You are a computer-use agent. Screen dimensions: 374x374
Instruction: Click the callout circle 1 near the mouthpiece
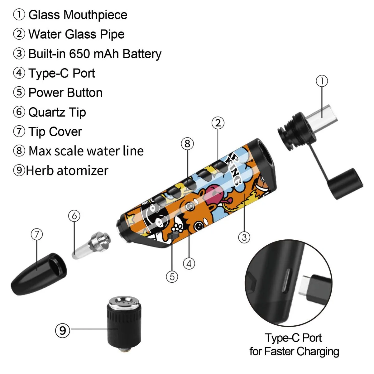pyautogui.click(x=322, y=81)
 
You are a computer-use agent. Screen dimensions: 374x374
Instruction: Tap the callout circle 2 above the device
pyautogui.click(x=218, y=123)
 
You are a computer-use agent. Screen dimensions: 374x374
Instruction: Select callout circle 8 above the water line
pyautogui.click(x=187, y=144)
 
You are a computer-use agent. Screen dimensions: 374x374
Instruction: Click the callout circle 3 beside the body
pyautogui.click(x=244, y=237)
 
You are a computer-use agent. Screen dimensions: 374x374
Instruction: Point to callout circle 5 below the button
pyautogui.click(x=172, y=276)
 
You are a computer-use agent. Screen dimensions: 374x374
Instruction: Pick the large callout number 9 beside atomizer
pyautogui.click(x=63, y=330)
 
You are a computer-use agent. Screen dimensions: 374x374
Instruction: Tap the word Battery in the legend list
pyautogui.click(x=142, y=54)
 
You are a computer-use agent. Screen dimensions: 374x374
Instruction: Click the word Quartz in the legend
pyautogui.click(x=47, y=112)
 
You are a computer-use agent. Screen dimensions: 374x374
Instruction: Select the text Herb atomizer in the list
pyautogui.click(x=67, y=170)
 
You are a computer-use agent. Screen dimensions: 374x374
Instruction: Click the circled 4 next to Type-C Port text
pyautogui.click(x=19, y=73)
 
